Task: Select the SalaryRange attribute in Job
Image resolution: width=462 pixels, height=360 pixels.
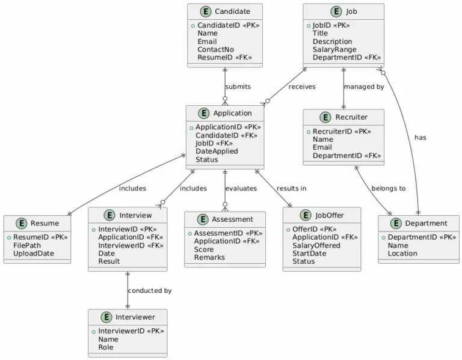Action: click(334, 49)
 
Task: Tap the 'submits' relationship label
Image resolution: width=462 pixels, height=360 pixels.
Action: click(238, 87)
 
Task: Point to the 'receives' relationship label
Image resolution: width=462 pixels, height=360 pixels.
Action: click(301, 87)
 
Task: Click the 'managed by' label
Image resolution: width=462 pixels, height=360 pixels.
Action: click(363, 87)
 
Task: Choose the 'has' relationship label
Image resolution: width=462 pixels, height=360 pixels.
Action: click(420, 138)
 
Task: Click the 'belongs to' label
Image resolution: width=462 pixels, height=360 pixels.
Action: click(388, 188)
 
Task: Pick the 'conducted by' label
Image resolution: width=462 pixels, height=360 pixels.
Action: click(149, 290)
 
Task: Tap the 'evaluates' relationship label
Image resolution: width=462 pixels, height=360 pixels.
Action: click(241, 188)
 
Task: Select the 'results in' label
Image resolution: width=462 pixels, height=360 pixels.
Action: click(291, 188)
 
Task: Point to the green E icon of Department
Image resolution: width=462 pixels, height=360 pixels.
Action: click(395, 224)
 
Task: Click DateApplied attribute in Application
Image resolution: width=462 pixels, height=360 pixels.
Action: click(217, 151)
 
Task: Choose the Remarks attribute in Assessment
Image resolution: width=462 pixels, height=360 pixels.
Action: click(209, 257)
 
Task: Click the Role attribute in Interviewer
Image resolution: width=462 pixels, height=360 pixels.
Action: click(105, 347)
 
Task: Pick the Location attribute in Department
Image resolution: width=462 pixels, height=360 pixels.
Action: click(402, 253)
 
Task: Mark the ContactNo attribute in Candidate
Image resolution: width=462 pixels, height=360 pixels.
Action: click(215, 49)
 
